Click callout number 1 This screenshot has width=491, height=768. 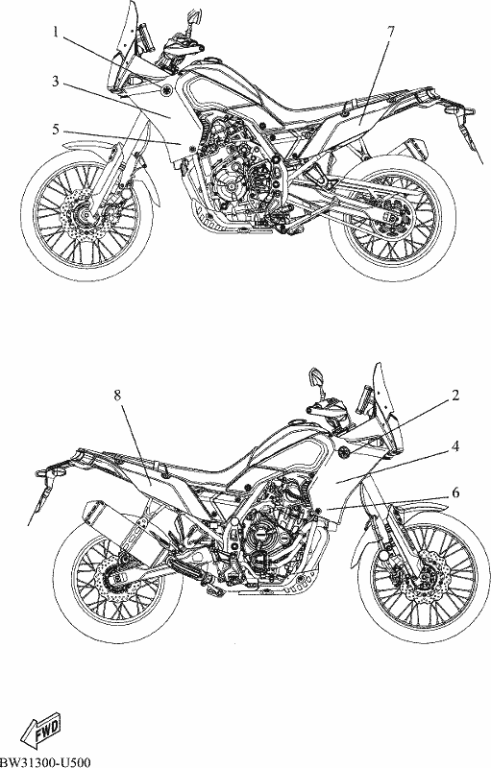[57, 33]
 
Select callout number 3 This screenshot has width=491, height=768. [56, 82]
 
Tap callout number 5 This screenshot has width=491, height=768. [56, 130]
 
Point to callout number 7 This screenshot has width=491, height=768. [390, 33]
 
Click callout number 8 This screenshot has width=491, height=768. [117, 396]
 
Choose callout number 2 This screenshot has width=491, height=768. [455, 396]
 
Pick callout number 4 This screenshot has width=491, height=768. [455, 446]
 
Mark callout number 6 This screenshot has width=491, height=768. [455, 492]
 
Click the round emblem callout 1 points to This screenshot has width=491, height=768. [166, 89]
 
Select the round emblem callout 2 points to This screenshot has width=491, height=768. [345, 451]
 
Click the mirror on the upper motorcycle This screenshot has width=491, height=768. [194, 16]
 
